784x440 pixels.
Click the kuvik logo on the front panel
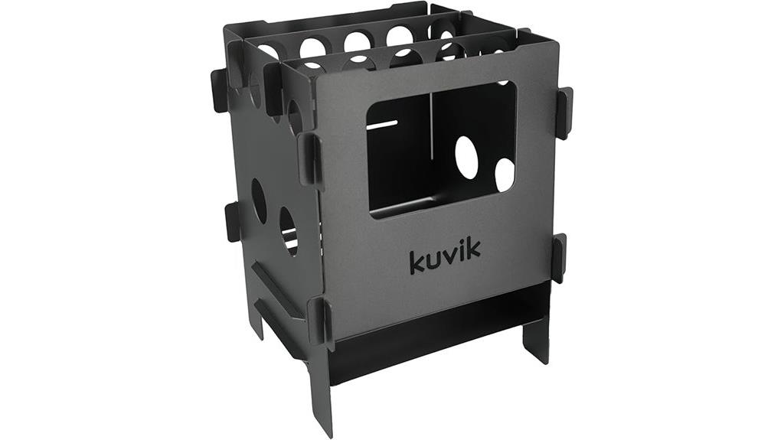click(445, 256)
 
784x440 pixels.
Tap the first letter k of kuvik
click(417, 262)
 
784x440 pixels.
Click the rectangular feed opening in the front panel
click(442, 150)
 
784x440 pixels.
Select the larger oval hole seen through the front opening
click(466, 157)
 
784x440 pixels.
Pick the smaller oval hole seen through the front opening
click(505, 175)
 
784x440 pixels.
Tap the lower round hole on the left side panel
click(288, 232)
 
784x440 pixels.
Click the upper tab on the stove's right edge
click(564, 113)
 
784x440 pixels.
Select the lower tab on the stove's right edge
click(560, 258)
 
